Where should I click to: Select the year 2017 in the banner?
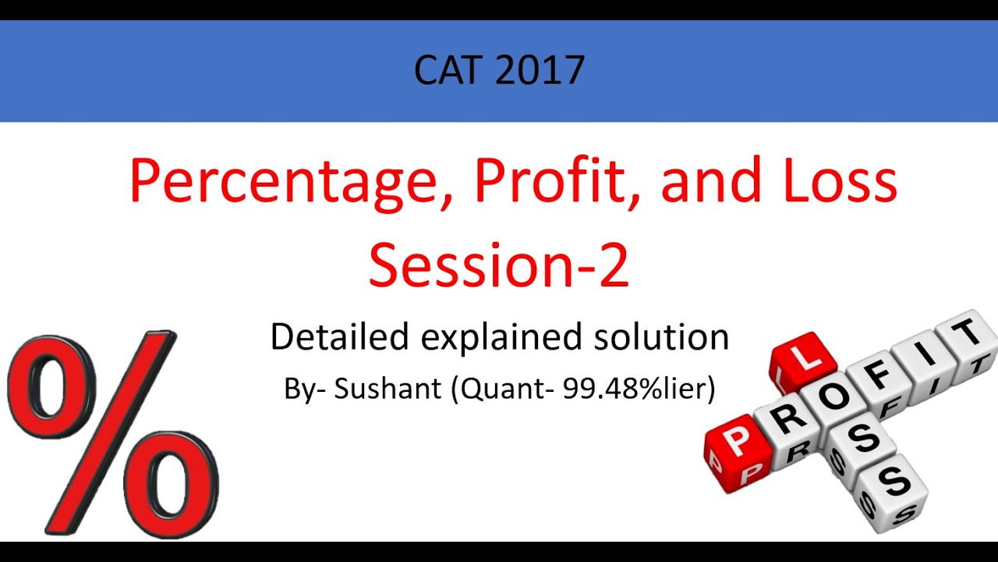[x=540, y=70]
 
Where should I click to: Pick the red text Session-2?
[x=499, y=265]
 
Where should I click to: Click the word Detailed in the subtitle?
[x=339, y=336]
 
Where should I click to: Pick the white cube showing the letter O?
[x=833, y=397]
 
